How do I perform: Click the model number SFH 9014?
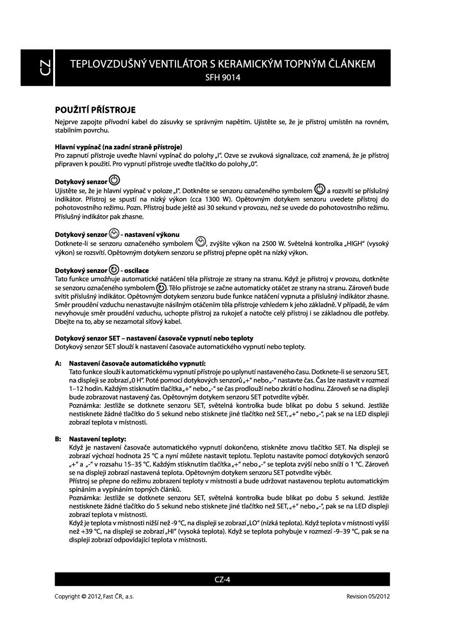(222, 78)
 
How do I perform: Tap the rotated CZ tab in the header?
(44, 68)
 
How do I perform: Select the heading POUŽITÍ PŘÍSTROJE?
(95, 110)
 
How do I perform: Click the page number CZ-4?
(222, 579)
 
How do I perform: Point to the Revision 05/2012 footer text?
(368, 597)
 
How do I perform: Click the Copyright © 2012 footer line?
(94, 597)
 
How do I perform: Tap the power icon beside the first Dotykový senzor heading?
(115, 181)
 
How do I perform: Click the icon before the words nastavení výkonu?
(114, 234)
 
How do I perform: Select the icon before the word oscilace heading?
(114, 270)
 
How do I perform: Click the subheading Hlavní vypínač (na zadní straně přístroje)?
(118, 147)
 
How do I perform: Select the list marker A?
(58, 364)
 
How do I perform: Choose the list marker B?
(58, 439)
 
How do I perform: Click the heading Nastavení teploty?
(98, 439)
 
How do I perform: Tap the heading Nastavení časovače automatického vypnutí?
(137, 364)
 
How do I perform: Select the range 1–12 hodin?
(87, 389)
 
